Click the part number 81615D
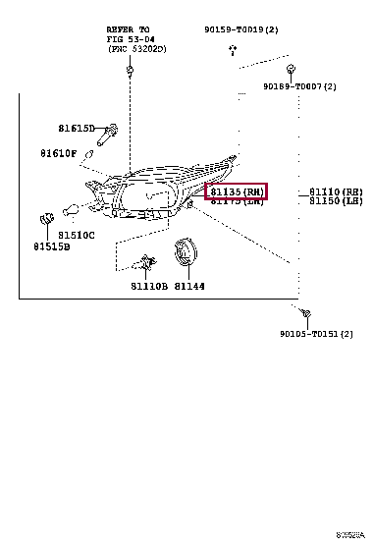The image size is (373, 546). pos(76,129)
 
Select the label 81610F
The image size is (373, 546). pos(59,153)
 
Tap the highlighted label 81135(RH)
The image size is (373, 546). pos(236,191)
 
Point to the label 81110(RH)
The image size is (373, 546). pos(336,191)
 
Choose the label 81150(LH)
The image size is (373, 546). pos(336,200)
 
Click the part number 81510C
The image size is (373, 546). pos(76,235)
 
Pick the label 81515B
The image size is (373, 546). pos(49,247)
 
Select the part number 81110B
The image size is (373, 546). pos(148,287)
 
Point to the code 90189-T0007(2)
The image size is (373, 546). pos(299,86)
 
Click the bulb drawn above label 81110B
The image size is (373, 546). pos(146,263)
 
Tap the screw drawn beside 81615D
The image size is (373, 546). pos(111,130)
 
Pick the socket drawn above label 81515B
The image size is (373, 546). pos(44,218)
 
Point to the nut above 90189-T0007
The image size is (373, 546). pos(293,70)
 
